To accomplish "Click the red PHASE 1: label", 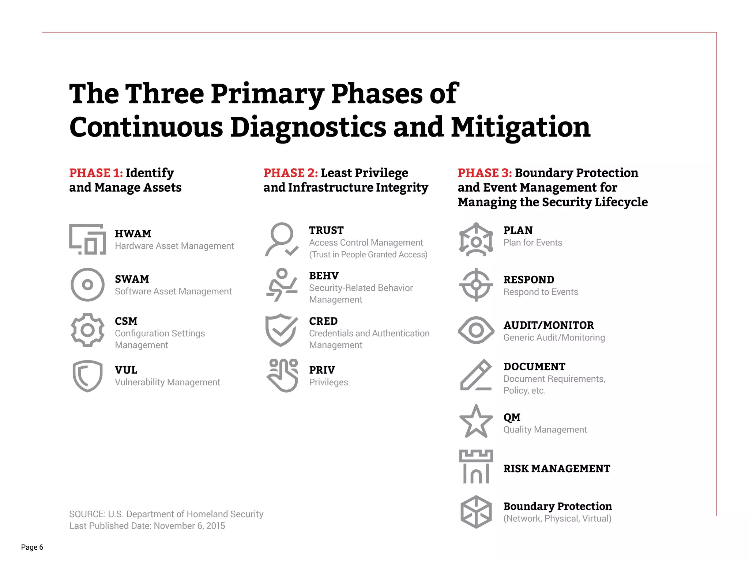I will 96,173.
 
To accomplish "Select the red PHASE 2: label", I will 290,173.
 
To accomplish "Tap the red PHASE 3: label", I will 485,173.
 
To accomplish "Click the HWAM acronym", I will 133,233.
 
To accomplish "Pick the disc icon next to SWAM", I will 87,285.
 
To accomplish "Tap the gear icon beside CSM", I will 87,330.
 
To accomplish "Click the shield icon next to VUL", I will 87,376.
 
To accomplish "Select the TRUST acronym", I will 326,230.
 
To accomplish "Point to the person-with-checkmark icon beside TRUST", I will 281,240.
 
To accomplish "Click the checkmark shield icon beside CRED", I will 281,330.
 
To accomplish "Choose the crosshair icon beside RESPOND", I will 476,285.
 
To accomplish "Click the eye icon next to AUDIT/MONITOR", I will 476,330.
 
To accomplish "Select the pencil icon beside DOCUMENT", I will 475,375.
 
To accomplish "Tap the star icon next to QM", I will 476,421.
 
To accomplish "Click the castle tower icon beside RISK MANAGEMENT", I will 476,467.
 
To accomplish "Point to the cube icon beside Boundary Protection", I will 476,512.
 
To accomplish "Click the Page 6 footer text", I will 32,547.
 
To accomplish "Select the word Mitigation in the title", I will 520,127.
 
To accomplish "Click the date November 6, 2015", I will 189,526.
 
